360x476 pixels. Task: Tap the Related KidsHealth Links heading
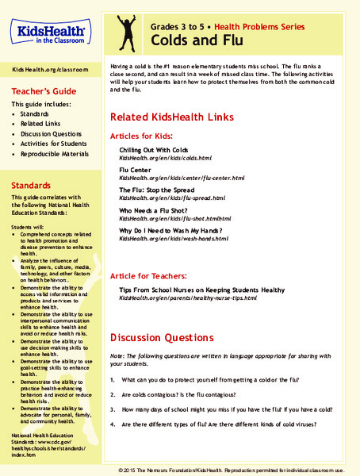click(x=172, y=117)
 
